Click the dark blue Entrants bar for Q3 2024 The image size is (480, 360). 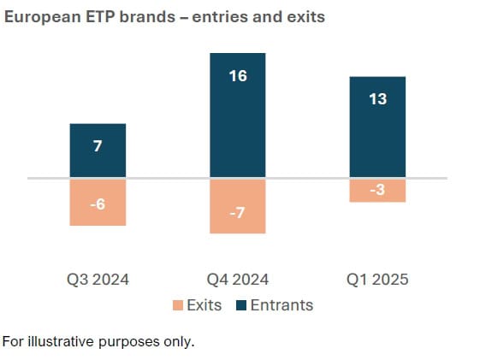pyautogui.click(x=98, y=150)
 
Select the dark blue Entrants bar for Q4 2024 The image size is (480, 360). pyautogui.click(x=238, y=115)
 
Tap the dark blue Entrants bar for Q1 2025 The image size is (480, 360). pyautogui.click(x=377, y=127)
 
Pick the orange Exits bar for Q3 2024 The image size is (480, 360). pyautogui.click(x=98, y=202)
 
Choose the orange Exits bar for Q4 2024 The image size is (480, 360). pyautogui.click(x=238, y=205)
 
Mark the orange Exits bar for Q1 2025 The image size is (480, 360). pyautogui.click(x=377, y=190)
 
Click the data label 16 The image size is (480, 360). pyautogui.click(x=238, y=76)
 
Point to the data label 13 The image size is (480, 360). pyautogui.click(x=377, y=99)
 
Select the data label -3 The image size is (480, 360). pyautogui.click(x=377, y=190)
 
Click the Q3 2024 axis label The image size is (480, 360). pyautogui.click(x=98, y=280)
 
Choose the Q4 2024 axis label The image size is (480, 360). pyautogui.click(x=238, y=280)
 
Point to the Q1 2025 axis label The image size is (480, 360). pyautogui.click(x=377, y=280)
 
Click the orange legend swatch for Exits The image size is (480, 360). pyautogui.click(x=177, y=305)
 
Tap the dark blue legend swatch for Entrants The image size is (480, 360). pyautogui.click(x=242, y=305)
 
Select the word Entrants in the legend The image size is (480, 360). pyautogui.click(x=282, y=305)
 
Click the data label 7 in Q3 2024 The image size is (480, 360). pyautogui.click(x=98, y=146)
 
